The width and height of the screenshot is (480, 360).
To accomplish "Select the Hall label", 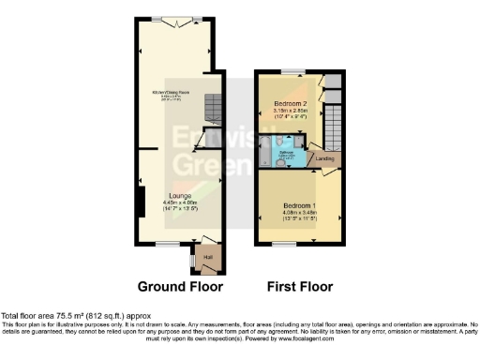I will coord(208,256).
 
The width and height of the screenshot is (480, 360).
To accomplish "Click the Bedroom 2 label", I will coord(291,102).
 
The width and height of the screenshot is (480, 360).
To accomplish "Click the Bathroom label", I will coord(290,152).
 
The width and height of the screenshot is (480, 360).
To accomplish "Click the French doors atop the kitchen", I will coord(180,20).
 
